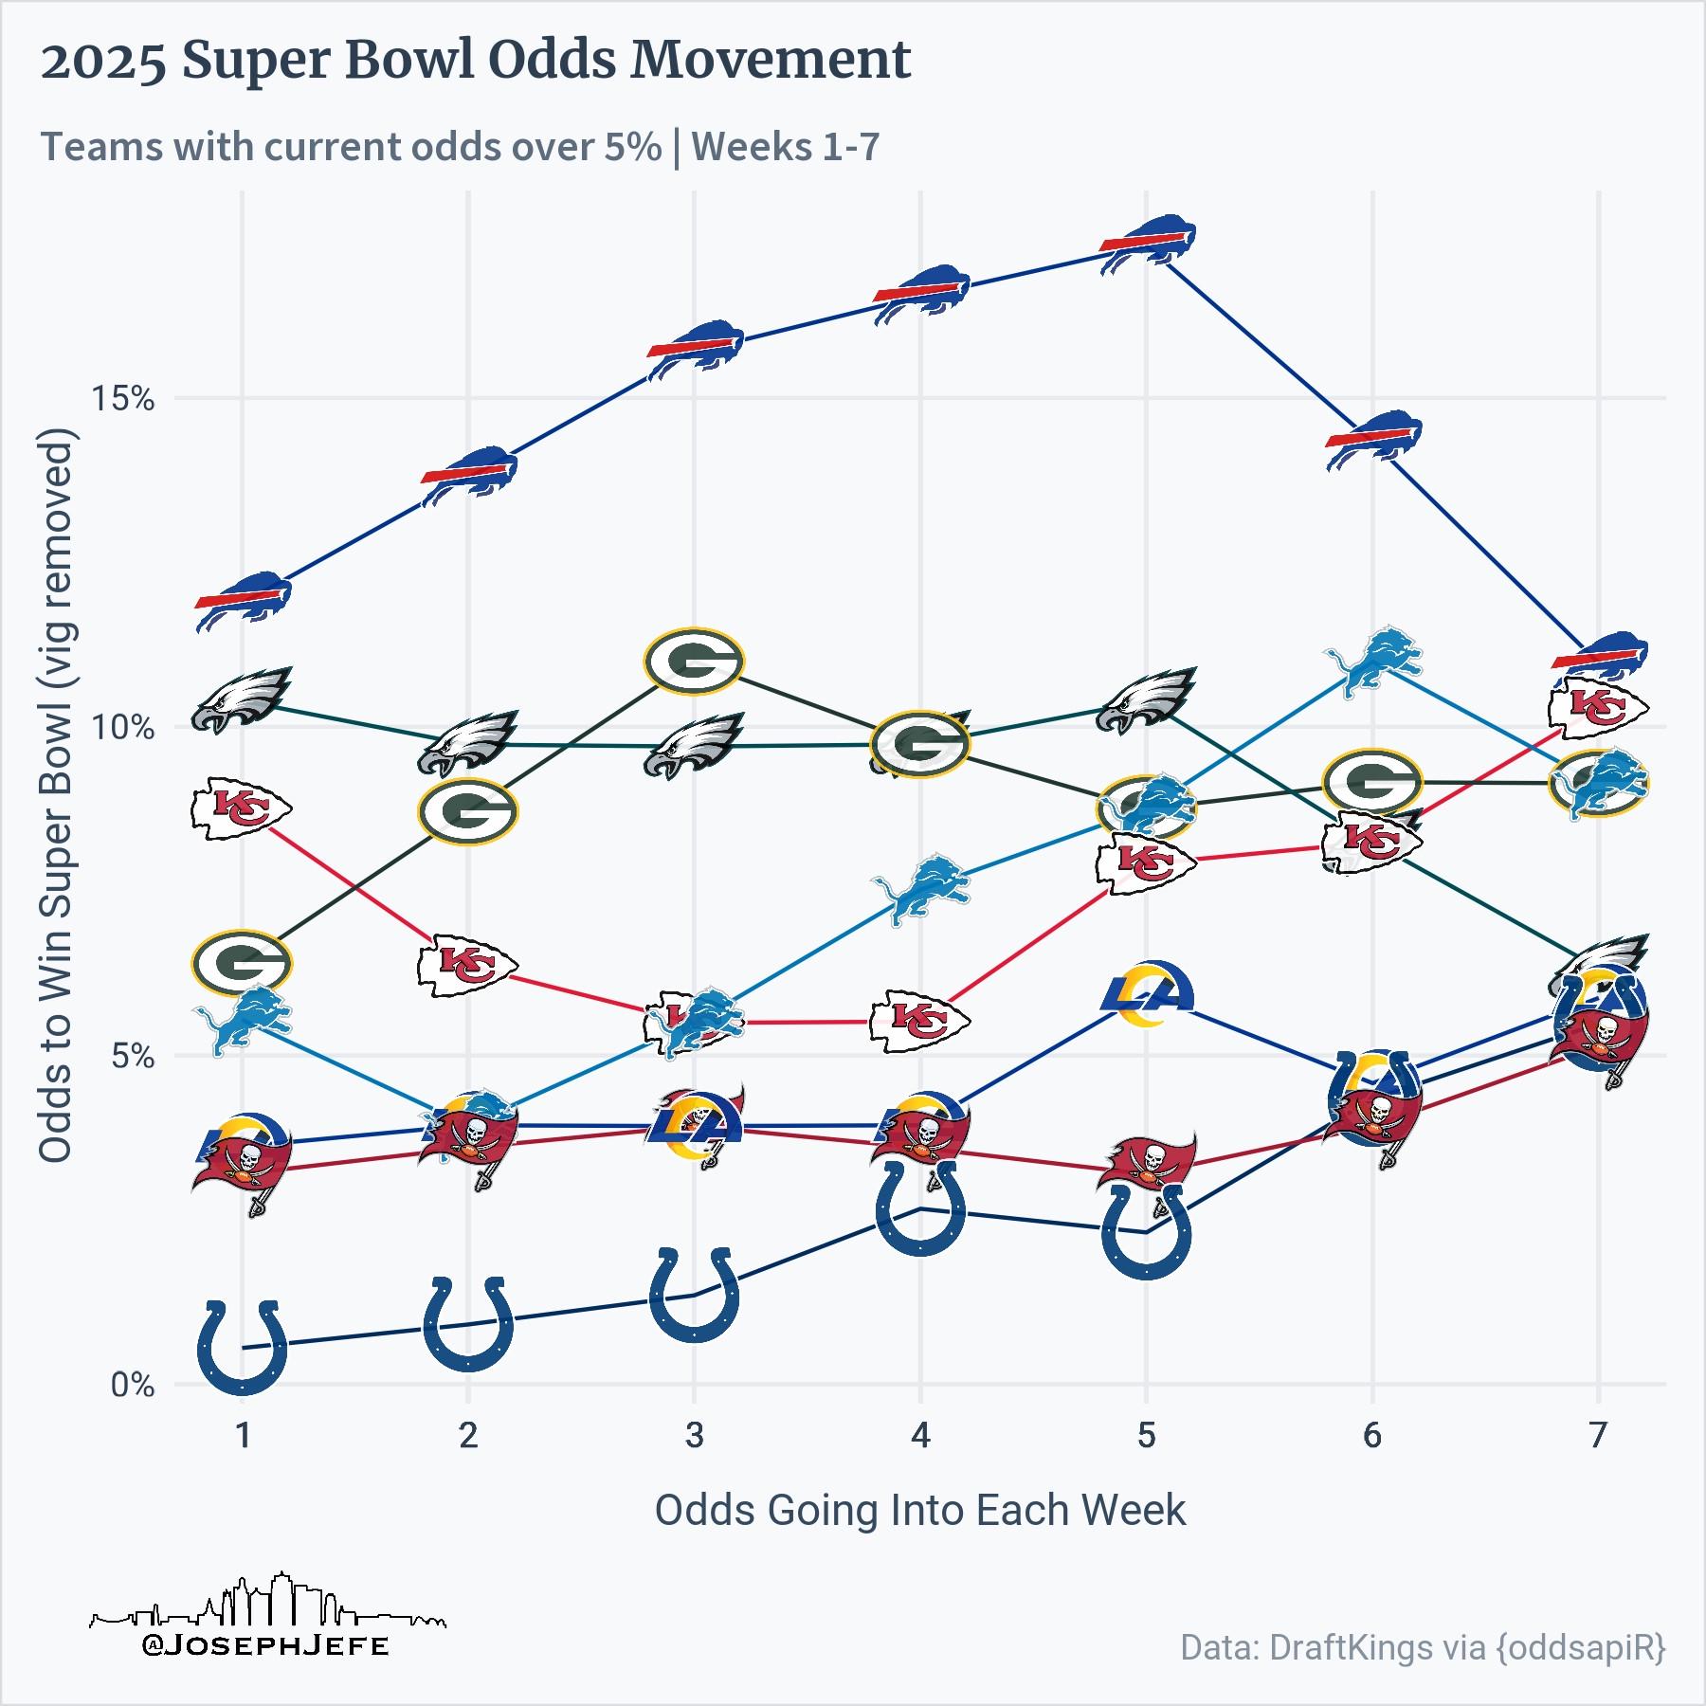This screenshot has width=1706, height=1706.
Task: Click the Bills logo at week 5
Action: tap(1147, 245)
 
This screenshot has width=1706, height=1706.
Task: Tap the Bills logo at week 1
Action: tap(243, 600)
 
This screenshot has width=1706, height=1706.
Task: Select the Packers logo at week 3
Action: tap(694, 661)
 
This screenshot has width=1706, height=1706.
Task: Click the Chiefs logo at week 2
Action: tap(467, 964)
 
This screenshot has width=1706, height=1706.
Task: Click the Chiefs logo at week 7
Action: tap(1599, 706)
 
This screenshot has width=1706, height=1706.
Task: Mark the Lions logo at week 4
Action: tap(921, 889)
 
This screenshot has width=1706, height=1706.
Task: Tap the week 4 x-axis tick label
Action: tap(920, 1436)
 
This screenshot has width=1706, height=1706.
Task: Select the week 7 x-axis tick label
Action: tap(1598, 1436)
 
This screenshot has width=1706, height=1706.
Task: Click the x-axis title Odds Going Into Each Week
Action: tap(920, 1510)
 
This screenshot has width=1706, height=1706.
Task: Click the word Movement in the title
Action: tap(771, 61)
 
